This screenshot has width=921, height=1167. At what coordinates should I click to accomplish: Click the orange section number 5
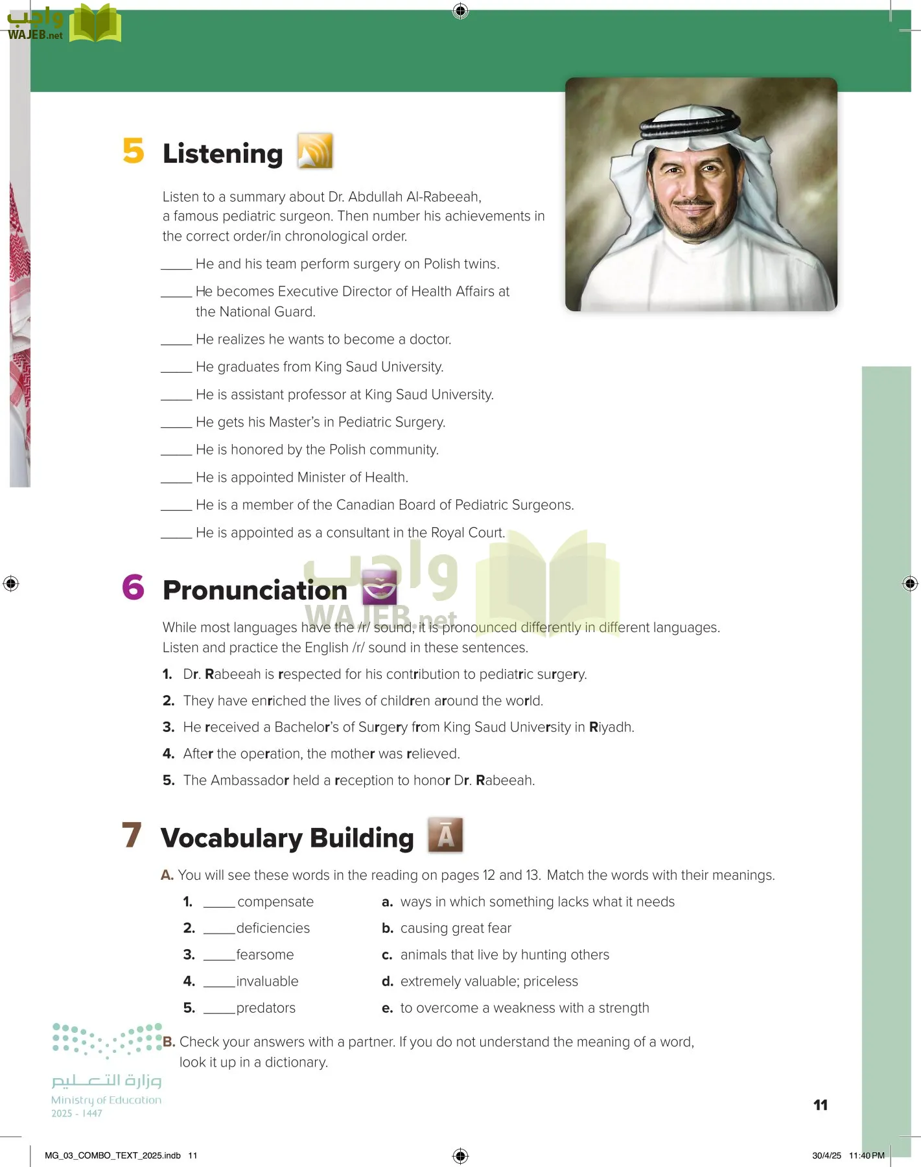point(134,151)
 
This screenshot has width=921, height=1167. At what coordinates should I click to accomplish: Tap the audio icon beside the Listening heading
point(315,151)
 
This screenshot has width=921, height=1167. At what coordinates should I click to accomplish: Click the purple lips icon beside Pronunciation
point(379,587)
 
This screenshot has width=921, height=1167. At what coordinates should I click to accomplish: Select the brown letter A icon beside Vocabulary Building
point(445,835)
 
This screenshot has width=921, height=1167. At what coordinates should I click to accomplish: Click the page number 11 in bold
point(820,1105)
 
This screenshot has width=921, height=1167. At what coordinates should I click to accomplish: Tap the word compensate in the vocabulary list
point(275,902)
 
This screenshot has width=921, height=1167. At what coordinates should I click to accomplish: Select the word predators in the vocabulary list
point(266,1008)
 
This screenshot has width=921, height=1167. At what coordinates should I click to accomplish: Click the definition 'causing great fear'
point(456,928)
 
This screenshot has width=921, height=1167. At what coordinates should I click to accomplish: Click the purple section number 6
point(134,587)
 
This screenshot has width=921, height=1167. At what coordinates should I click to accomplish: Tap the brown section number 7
point(132,835)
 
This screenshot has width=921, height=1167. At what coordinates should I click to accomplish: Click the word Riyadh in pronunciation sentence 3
point(611,727)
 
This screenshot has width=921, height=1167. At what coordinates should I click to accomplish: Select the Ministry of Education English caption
point(106,1100)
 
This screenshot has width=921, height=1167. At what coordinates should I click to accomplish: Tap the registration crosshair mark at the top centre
point(460,11)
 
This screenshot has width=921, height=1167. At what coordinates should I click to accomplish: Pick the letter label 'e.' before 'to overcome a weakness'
point(388,1008)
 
